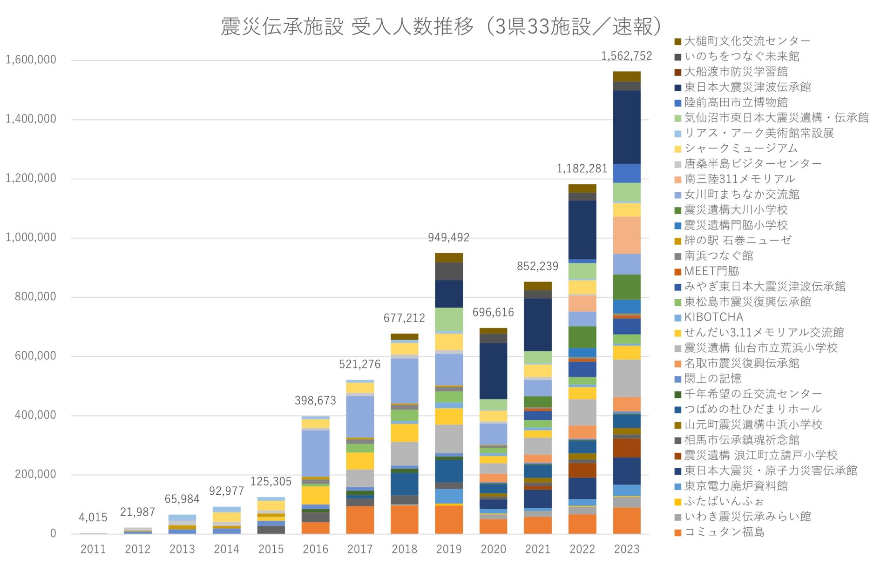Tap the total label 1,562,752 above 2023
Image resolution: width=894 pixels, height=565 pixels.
pos(626,56)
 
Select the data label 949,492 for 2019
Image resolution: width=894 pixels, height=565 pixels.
pos(448,238)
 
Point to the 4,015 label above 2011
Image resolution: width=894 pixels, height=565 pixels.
pos(93,517)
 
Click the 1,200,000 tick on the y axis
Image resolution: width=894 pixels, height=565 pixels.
pos(31,178)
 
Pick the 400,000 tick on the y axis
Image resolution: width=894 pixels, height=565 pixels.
pos(35,415)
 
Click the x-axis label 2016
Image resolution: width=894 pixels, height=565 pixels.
pos(315,549)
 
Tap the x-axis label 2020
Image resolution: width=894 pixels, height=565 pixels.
pos(493,549)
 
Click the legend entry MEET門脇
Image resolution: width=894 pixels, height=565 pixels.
pos(711,271)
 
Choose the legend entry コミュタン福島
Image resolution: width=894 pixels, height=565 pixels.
pos(724,532)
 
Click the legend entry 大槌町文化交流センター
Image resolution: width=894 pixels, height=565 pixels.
pos(746,41)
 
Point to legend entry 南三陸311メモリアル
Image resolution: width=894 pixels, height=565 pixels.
pos(739,179)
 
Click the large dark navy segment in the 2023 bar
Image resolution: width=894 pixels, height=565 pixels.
pos(626,127)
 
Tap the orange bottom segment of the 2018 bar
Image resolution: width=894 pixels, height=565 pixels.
pos(404,519)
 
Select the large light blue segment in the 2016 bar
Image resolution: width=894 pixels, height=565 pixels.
pos(315,452)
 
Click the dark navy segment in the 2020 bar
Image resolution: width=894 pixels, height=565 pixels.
pos(493,371)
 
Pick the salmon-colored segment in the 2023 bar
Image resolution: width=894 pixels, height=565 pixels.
pos(626,235)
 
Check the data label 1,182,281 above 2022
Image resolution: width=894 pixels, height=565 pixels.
pos(582,169)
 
